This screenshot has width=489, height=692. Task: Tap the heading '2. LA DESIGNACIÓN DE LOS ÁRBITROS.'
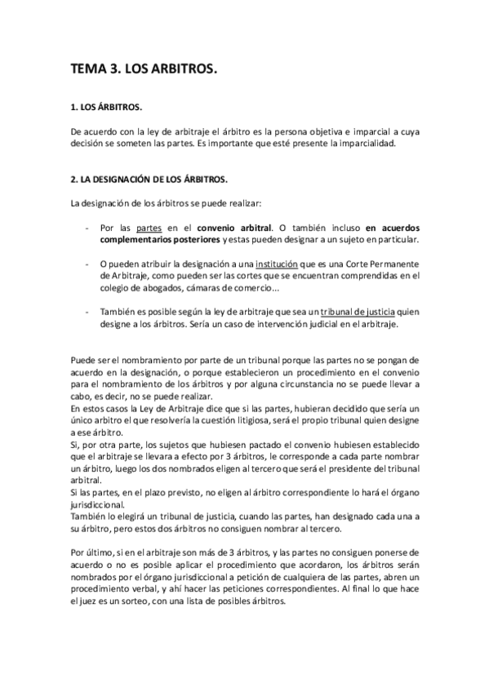pos(150,178)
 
